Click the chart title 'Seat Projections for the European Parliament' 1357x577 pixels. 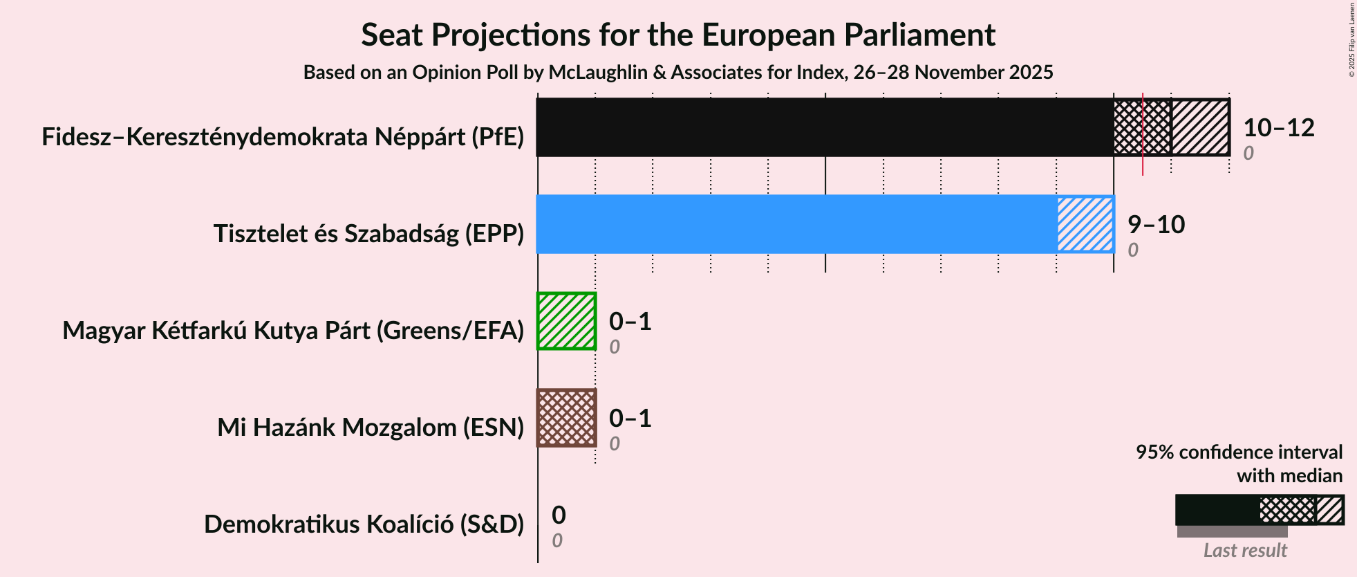coord(677,35)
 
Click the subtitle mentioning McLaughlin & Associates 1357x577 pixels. coord(677,73)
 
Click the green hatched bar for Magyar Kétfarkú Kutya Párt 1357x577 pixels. coord(566,321)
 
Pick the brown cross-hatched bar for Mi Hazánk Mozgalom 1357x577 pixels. coord(566,418)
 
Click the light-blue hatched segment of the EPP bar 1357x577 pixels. coord(1085,224)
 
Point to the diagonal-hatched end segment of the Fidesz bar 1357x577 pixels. coord(1200,127)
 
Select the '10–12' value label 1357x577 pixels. coord(1278,128)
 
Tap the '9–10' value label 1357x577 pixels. coord(1156,225)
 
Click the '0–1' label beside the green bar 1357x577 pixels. coord(630,322)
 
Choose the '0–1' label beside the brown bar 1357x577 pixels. coord(630,419)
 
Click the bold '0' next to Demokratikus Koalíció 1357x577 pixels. coord(559,515)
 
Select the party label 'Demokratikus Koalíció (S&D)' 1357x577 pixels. coord(364,524)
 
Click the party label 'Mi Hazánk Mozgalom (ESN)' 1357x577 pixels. coord(371,428)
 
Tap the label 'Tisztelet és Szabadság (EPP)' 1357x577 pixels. coord(368,234)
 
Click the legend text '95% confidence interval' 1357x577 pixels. coord(1239,452)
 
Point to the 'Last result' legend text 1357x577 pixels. coord(1244,551)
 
